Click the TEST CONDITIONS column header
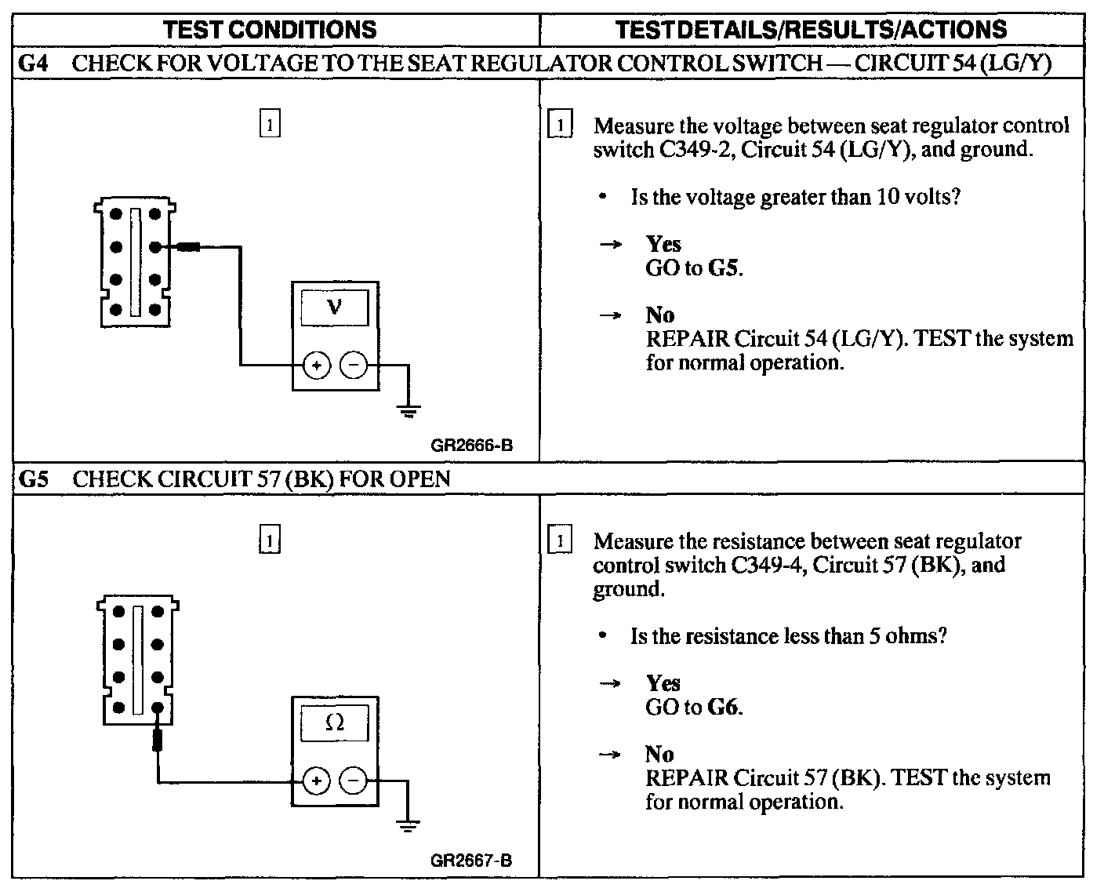(271, 30)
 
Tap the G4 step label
(33, 64)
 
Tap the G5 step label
(33, 479)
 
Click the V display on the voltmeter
(335, 307)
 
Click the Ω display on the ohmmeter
(335, 722)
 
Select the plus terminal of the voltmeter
(317, 366)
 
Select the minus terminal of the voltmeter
(354, 366)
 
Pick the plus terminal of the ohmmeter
(317, 781)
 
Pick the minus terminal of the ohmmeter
(354, 781)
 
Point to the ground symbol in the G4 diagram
(408, 410)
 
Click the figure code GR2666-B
(471, 446)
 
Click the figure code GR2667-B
(471, 861)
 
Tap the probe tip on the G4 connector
(187, 247)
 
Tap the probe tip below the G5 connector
(158, 739)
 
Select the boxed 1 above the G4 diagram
(269, 126)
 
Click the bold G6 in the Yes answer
(723, 708)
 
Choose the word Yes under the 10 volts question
(663, 244)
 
